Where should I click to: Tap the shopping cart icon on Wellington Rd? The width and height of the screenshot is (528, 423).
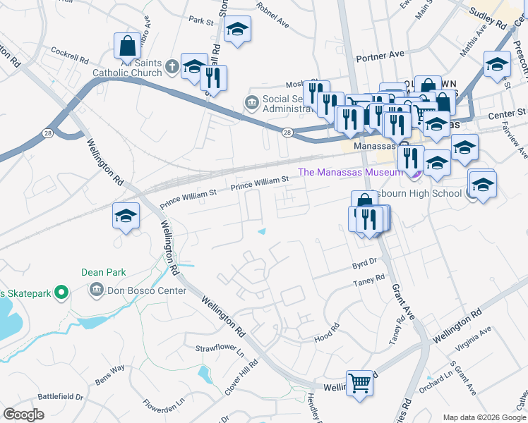(360, 384)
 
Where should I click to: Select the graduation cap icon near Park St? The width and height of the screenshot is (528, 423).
(237, 29)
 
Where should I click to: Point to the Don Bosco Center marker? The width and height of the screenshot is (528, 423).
(96, 290)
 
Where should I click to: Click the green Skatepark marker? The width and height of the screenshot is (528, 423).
(61, 291)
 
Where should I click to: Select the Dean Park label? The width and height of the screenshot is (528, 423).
(104, 272)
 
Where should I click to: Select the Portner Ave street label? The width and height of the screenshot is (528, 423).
(380, 54)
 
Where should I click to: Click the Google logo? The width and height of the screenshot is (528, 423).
(23, 415)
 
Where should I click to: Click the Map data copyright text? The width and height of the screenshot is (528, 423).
(484, 417)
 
